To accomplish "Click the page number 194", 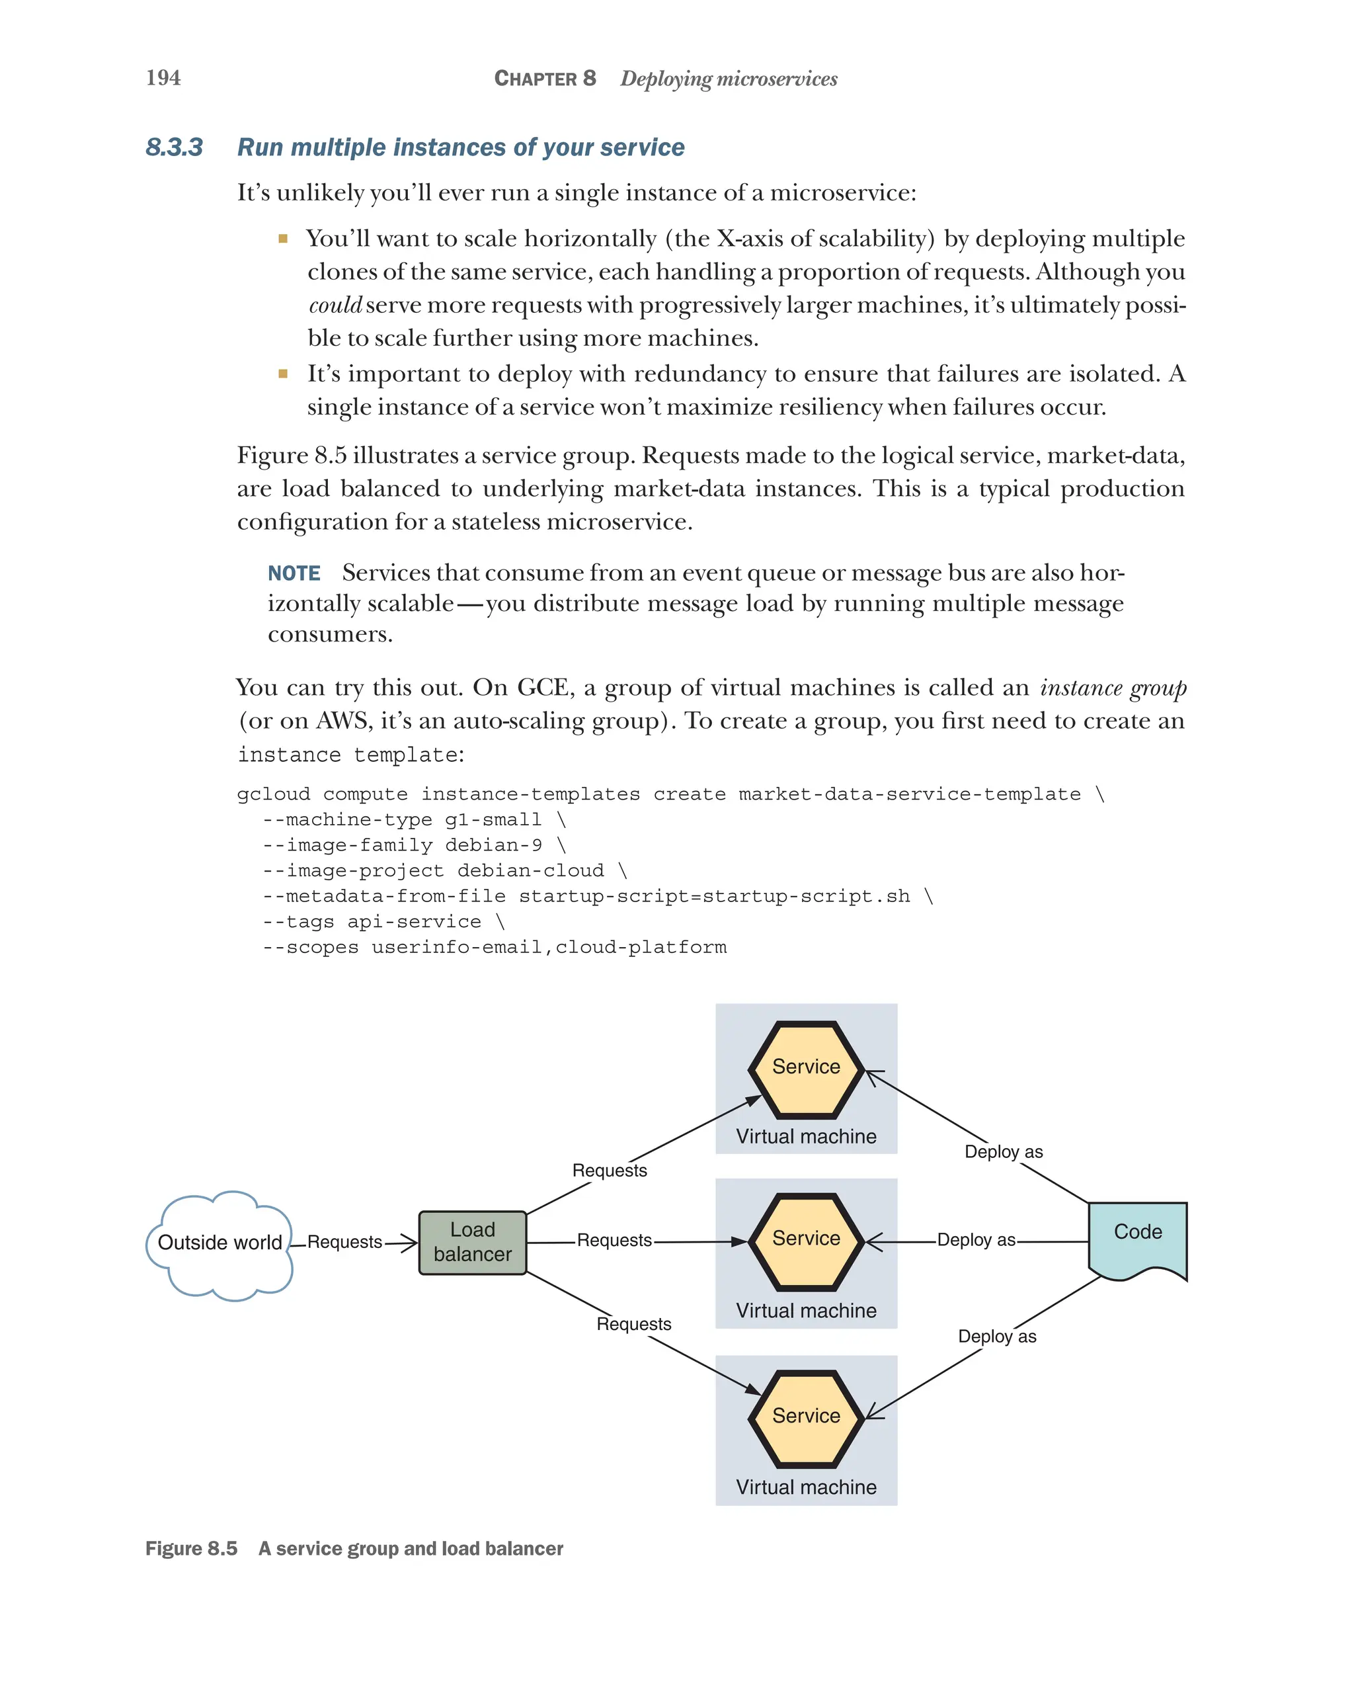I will point(163,77).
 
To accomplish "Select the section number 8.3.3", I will point(174,147).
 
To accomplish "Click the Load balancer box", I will point(472,1242).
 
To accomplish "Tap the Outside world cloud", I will point(219,1243).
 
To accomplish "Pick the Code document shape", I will point(1136,1238).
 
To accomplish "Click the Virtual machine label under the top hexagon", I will point(806,1136).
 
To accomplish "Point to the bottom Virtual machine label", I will point(806,1487).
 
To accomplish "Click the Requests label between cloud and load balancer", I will point(344,1242).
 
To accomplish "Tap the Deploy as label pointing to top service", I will point(1003,1152).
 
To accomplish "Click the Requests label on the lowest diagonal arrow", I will point(633,1324).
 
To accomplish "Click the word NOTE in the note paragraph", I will point(294,573).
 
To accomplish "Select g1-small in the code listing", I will point(493,819).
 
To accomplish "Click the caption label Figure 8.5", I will point(192,1548).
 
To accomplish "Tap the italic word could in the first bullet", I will point(335,305).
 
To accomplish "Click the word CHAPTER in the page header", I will point(536,79).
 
